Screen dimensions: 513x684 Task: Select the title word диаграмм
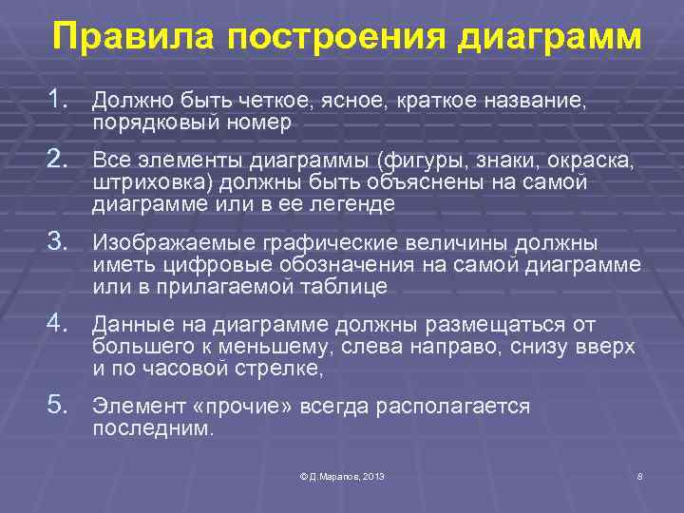(x=550, y=39)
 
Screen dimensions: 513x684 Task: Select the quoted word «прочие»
(x=245, y=407)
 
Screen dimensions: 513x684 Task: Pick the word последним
(x=153, y=427)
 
